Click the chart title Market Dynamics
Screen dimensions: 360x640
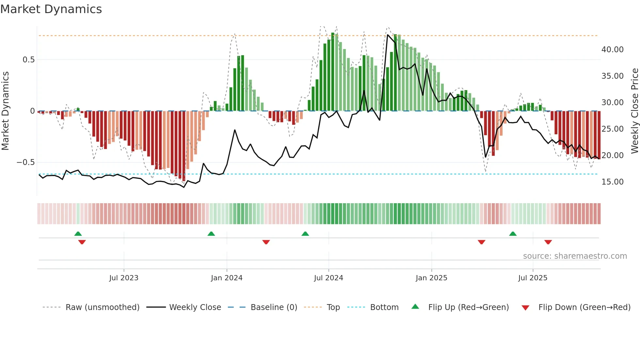[51, 9]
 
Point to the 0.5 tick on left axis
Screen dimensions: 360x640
[29, 60]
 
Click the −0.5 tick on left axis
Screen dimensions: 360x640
[26, 162]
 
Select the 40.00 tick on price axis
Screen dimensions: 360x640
[612, 50]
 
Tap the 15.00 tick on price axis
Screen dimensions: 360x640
[612, 182]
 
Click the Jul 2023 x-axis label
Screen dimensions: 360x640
[124, 278]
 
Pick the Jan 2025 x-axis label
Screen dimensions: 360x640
[431, 278]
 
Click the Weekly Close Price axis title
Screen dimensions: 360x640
[634, 111]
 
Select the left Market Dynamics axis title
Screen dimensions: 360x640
[5, 111]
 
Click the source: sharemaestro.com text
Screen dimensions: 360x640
[575, 256]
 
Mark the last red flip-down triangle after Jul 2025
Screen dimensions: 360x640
[548, 242]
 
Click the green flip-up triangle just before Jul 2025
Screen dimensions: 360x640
[513, 234]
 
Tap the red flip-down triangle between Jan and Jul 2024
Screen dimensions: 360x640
[266, 242]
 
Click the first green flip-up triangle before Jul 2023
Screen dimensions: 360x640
[78, 234]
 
